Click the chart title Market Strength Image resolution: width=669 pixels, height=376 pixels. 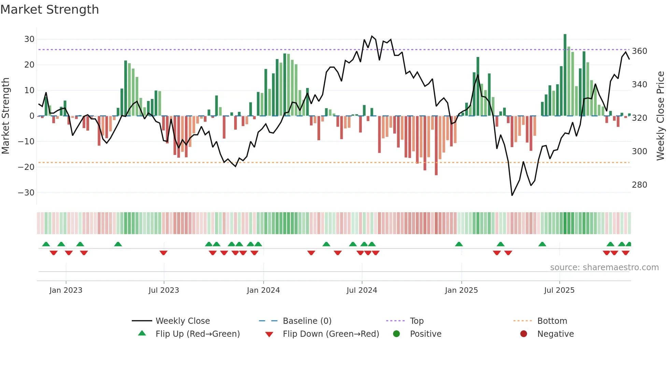point(49,10)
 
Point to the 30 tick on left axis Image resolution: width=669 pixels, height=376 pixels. point(29,39)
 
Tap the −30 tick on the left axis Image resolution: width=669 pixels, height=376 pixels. point(27,193)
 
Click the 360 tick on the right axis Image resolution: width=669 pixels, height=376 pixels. point(639,51)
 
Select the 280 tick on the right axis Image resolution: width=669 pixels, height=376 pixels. point(639,185)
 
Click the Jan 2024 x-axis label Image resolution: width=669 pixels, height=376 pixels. point(263,290)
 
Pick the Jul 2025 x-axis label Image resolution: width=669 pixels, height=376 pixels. point(559,290)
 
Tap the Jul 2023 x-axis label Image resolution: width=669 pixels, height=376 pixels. point(164,290)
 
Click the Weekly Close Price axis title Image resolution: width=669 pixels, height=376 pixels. point(660,116)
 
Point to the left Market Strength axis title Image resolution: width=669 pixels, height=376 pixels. point(6,116)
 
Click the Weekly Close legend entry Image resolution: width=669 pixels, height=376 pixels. point(182,321)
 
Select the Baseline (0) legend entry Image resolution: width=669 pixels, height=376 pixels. point(307,321)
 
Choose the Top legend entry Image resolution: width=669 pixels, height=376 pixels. point(416,321)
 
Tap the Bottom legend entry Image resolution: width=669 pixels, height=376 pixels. point(552,321)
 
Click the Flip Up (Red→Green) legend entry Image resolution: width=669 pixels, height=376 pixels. point(197,334)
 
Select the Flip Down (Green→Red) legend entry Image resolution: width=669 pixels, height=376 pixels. point(330,334)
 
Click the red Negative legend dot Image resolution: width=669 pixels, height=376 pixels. point(524,334)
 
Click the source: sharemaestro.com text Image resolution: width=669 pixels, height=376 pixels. point(604,267)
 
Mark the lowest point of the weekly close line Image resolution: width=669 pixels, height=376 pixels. point(512,195)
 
